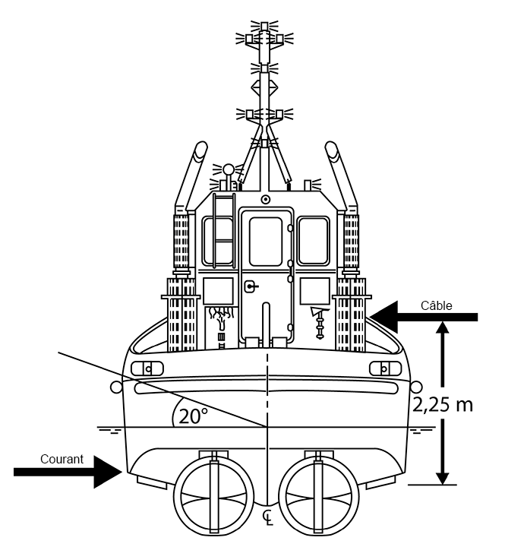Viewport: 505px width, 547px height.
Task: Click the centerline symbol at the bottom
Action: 267,519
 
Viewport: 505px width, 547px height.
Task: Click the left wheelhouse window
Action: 219,241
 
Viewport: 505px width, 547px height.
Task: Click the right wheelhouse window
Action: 313,241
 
